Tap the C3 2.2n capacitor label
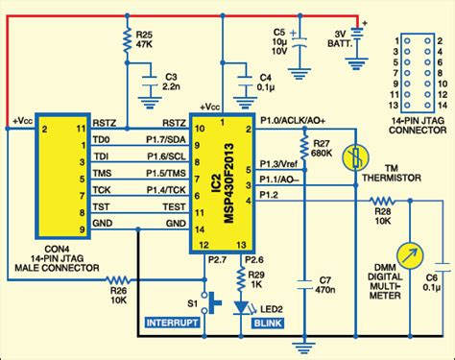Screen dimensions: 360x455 click(173, 80)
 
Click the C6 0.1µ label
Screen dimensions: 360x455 click(434, 279)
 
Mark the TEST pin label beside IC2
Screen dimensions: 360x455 click(174, 206)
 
